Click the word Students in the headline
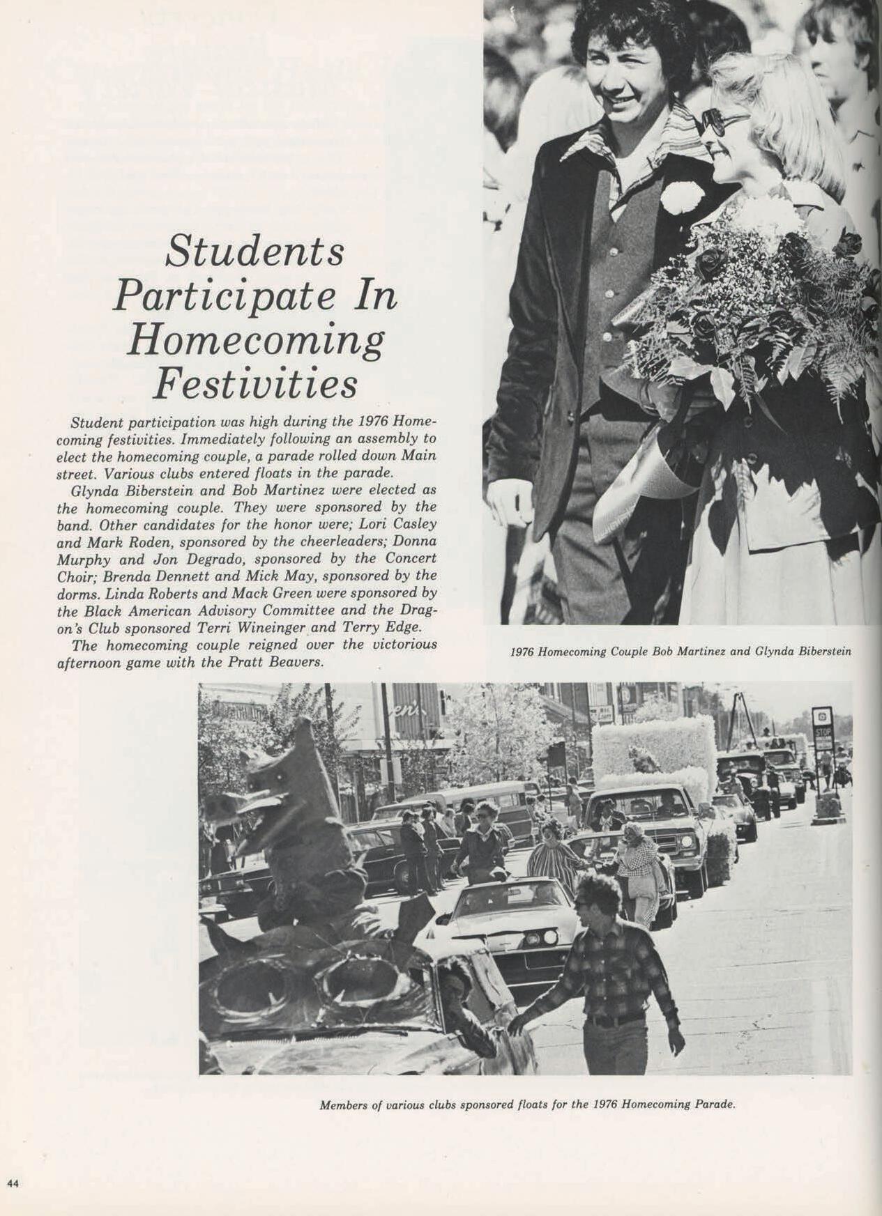254,252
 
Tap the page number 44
13,1183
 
